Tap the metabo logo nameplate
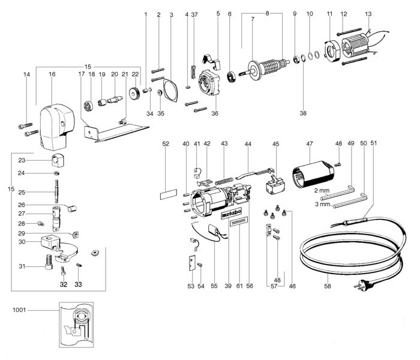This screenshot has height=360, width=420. pos(232,213)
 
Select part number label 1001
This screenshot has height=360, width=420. pos(19,310)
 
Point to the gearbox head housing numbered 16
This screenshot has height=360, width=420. pos(57,127)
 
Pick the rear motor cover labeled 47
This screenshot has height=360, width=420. pos(313,174)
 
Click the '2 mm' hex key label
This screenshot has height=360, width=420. pos(322,191)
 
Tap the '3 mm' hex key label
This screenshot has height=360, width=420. pos(323,204)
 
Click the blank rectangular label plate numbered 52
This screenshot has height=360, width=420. pos(169,194)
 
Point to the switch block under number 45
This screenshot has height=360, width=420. pos(275,185)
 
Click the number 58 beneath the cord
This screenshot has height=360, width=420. pos(328,286)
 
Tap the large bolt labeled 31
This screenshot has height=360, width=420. pos(49,262)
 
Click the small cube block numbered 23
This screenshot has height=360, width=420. pos(58,160)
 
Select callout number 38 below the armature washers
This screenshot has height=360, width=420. pos(303,113)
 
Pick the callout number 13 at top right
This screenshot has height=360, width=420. pos(368,14)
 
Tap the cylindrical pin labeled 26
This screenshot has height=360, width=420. pos(73,208)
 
